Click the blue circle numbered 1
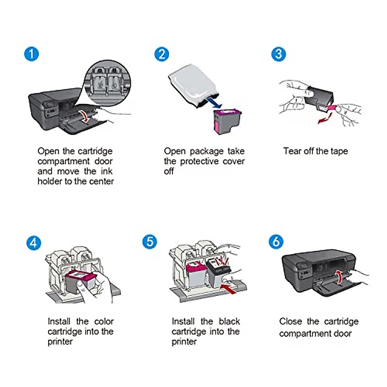point(32,54)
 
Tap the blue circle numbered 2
point(162,54)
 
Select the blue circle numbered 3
point(279,54)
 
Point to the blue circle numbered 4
point(34,243)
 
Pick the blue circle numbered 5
point(150,242)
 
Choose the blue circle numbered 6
point(276,242)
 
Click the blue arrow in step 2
point(214,103)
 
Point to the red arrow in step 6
point(339,277)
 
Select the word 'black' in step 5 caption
point(229,321)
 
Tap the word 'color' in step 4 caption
point(104,321)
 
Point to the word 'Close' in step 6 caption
point(291,321)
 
